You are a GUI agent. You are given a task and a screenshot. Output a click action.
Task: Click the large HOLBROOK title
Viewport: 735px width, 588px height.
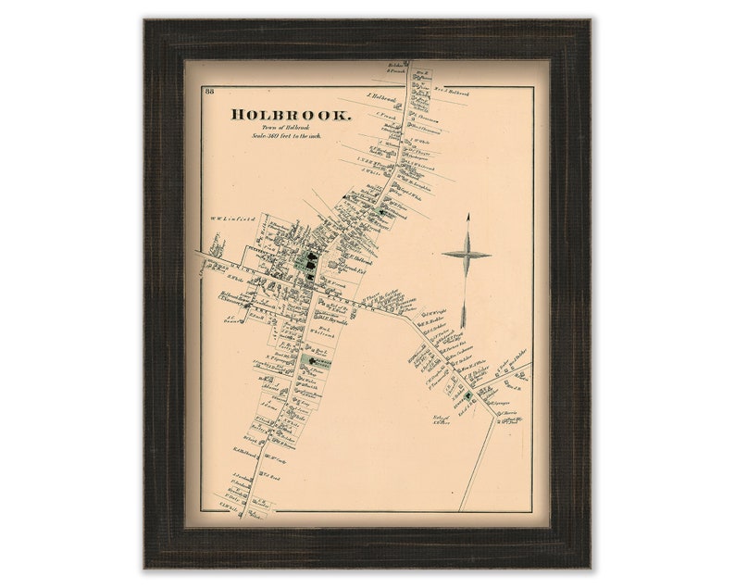point(291,115)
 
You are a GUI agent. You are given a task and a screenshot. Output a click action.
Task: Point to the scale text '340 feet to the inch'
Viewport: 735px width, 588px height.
point(291,136)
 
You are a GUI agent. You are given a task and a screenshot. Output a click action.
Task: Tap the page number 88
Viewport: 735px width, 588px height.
point(210,90)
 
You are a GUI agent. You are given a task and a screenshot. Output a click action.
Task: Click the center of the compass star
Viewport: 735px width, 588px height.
point(467,255)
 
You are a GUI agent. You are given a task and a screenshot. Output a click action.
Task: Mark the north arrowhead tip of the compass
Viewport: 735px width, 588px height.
point(467,215)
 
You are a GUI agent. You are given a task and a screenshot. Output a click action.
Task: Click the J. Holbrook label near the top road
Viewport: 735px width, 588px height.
point(380,96)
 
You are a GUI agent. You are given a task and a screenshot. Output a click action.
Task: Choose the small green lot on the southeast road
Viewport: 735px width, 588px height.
point(469,395)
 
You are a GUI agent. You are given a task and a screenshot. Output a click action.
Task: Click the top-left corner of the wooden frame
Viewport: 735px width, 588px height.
point(145,19)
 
